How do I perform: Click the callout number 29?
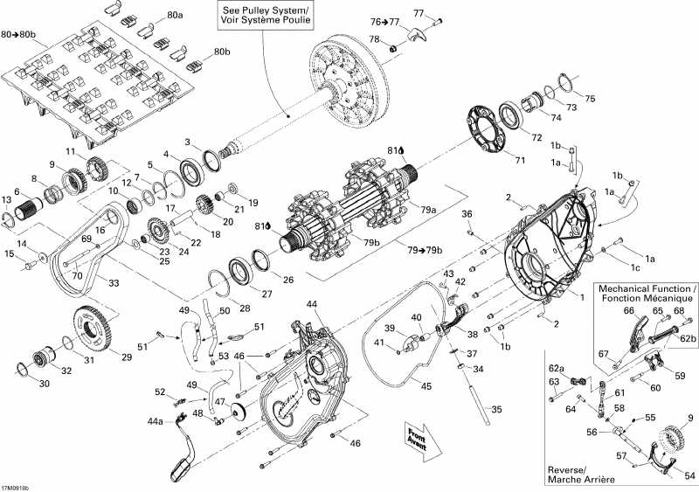(x=127, y=357)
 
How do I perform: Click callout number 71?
(x=520, y=160)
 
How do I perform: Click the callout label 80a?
(x=176, y=15)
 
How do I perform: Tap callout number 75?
(x=589, y=98)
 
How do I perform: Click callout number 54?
(x=689, y=476)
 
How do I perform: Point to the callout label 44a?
(x=155, y=421)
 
